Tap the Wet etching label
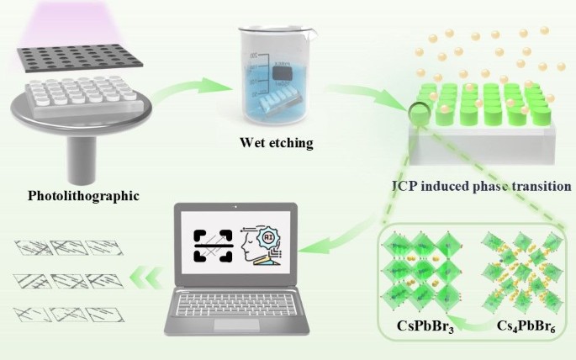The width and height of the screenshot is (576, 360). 276,143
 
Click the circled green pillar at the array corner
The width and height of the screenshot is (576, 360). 418,111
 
